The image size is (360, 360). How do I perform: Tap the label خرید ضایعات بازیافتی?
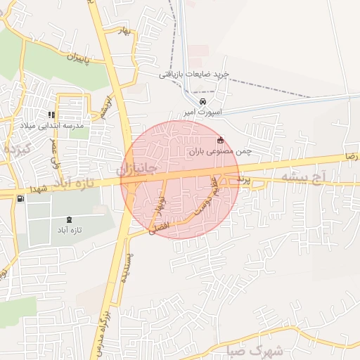192,74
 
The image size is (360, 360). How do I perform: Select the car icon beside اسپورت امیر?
203,100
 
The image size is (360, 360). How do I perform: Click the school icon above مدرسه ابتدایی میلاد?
51,115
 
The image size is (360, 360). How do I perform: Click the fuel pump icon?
19,198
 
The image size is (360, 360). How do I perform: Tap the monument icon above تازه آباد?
69,219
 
